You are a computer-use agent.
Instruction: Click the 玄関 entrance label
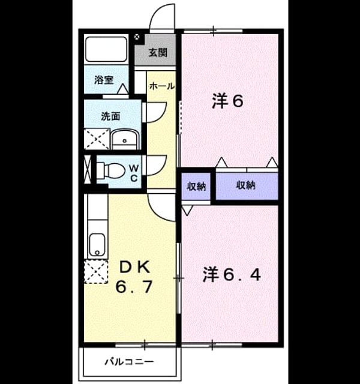158,52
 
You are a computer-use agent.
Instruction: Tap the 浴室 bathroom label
104,80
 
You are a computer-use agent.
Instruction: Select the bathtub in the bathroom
106,49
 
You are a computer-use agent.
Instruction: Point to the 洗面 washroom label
110,116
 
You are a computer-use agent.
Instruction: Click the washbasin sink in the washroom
125,140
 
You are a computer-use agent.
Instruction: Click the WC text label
134,173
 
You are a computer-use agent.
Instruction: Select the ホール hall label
162,86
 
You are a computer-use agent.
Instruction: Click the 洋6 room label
227,101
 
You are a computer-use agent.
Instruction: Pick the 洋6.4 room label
232,275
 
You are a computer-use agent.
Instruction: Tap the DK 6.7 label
134,277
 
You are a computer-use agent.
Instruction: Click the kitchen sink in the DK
97,245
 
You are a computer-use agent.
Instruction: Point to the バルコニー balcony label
129,361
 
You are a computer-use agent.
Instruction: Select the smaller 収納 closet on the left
196,187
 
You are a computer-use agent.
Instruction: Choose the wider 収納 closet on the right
247,186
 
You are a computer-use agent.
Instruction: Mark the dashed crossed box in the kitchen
96,272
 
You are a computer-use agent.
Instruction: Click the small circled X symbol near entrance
137,37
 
